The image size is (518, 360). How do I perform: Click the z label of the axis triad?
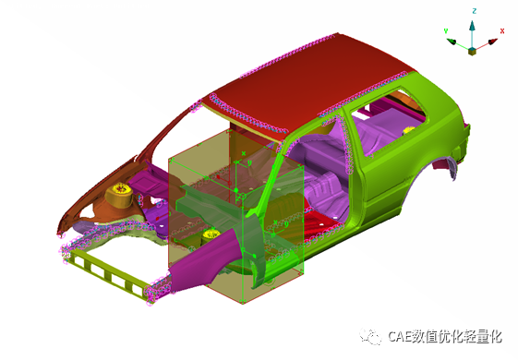tap(475, 11)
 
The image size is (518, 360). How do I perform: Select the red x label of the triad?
tap(502, 31)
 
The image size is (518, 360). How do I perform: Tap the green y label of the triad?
tap(446, 31)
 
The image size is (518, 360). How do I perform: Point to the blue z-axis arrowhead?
tap(473, 26)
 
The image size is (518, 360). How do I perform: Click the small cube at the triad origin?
tap(472, 51)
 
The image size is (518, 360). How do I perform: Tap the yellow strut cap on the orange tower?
tap(120, 189)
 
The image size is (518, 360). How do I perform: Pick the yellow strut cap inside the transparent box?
tap(211, 234)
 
